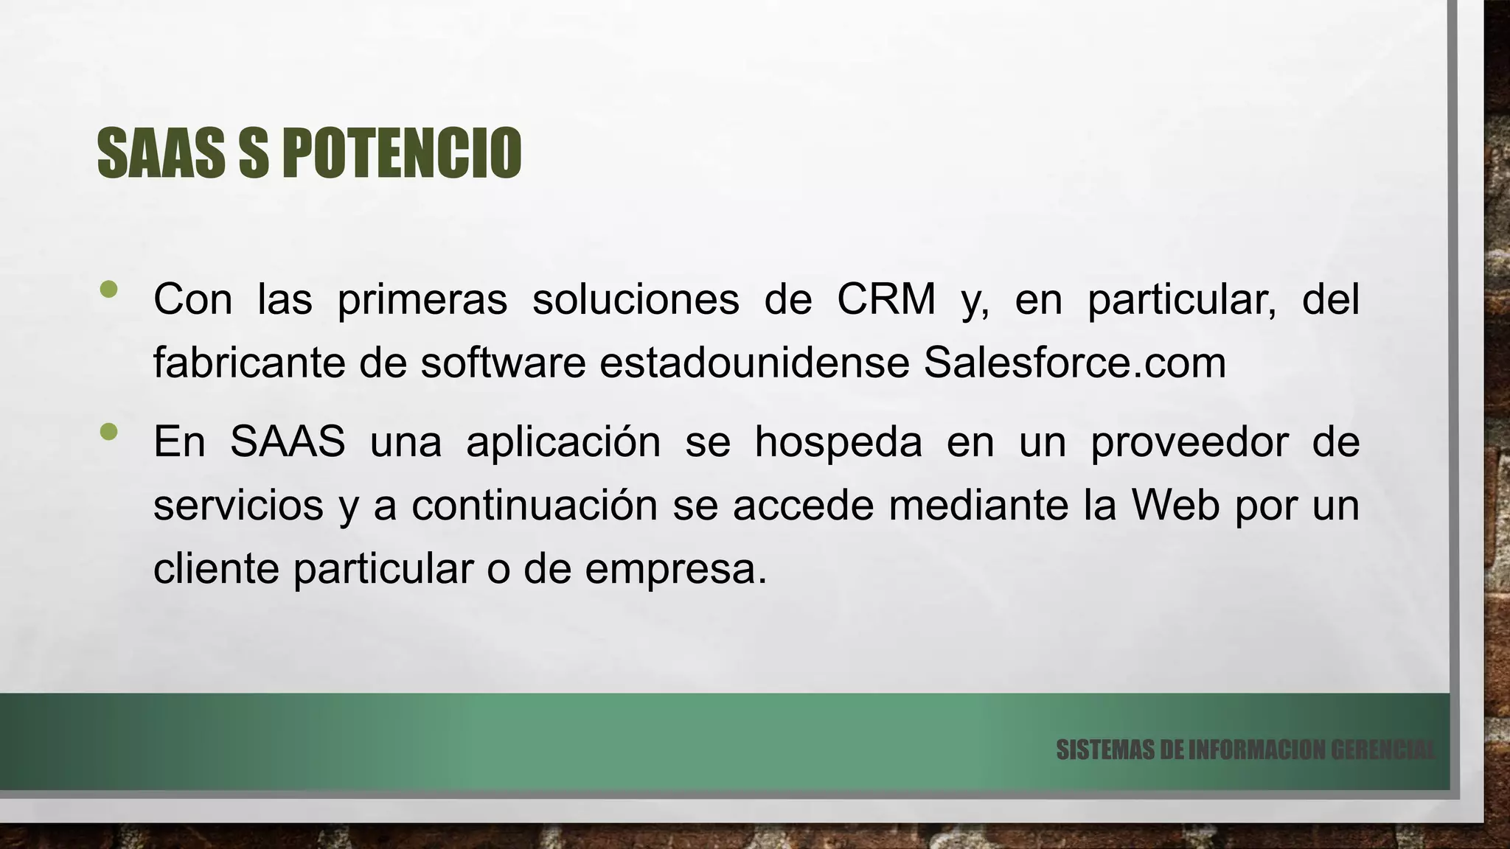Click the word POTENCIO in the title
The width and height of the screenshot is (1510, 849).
tap(402, 153)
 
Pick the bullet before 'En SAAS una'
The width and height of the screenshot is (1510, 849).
tap(108, 432)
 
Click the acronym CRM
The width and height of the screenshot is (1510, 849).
tap(886, 300)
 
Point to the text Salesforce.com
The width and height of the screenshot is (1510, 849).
tap(1074, 363)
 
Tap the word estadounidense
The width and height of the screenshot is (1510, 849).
tap(754, 363)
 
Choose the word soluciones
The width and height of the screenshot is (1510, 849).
tap(636, 300)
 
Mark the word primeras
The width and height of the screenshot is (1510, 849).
tap(422, 300)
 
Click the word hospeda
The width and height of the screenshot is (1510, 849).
tap(838, 443)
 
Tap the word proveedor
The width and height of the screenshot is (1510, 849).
tap(1189, 443)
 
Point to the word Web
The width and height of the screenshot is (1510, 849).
tap(1175, 506)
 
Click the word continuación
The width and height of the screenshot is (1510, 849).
tap(534, 506)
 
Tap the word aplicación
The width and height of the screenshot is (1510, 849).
tap(563, 443)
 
